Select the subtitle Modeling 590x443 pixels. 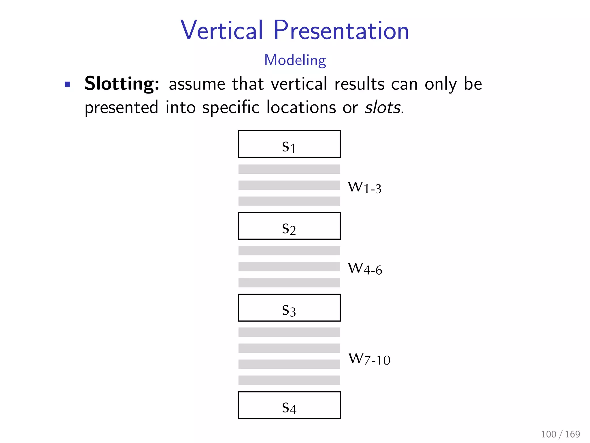295,60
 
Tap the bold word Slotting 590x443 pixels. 122,84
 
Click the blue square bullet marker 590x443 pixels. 68,84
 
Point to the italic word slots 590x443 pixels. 383,108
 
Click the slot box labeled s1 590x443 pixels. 289,144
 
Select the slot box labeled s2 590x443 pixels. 289,226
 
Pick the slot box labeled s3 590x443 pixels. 289,308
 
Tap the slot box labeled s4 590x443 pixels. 289,405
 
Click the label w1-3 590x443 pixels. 365,187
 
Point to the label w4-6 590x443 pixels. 365,269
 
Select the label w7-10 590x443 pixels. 369,359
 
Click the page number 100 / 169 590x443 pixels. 560,434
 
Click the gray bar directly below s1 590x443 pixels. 289,169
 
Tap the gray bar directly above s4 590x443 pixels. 289,380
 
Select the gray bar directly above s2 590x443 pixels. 289,201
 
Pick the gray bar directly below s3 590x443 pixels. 289,332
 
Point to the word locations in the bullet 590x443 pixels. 301,108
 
